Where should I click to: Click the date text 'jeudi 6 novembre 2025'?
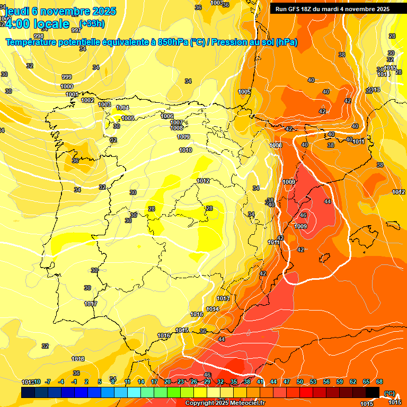click(59, 11)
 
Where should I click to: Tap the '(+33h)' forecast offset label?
click(91, 24)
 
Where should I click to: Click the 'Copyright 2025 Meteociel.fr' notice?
click(225, 403)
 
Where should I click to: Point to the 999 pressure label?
click(67, 77)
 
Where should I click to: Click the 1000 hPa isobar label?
click(67, 86)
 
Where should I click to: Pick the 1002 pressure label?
click(88, 100)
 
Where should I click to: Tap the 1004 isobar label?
click(122, 108)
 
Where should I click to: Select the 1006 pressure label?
click(167, 116)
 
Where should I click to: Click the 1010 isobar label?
click(185, 150)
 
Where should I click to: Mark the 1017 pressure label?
click(91, 304)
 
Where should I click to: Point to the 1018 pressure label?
click(78, 359)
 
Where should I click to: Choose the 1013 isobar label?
click(223, 298)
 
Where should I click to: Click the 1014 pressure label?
click(213, 309)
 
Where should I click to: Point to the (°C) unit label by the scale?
click(390, 393)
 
